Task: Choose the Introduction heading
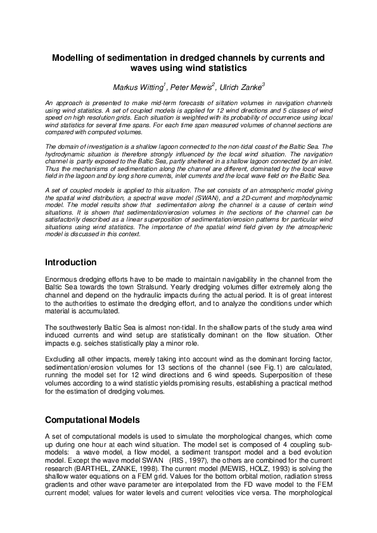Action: click(70, 262)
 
